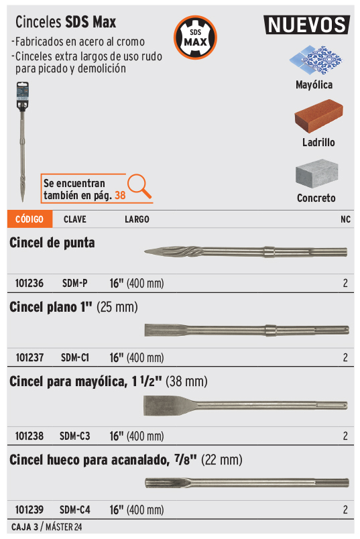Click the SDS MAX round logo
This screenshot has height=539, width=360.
click(x=195, y=37)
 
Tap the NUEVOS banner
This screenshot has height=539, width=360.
click(x=307, y=25)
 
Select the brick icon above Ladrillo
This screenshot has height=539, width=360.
click(x=318, y=116)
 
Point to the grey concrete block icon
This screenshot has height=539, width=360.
click(x=316, y=173)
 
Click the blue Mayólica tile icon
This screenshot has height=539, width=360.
click(x=316, y=60)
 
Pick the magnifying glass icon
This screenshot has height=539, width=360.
click(x=139, y=186)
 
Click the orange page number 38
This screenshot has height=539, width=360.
click(x=120, y=195)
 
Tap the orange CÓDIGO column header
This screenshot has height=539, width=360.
click(x=29, y=219)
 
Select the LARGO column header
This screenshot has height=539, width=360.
click(x=137, y=219)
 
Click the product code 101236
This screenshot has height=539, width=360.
click(x=29, y=284)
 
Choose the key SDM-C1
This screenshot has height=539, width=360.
click(x=75, y=357)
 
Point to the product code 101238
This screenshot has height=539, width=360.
click(x=29, y=436)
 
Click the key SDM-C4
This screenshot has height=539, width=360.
click(x=75, y=510)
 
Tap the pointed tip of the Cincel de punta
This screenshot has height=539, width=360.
click(x=145, y=252)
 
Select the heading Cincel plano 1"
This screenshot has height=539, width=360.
click(x=51, y=307)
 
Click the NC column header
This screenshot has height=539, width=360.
click(x=345, y=219)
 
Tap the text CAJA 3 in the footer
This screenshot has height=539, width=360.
click(x=25, y=527)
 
